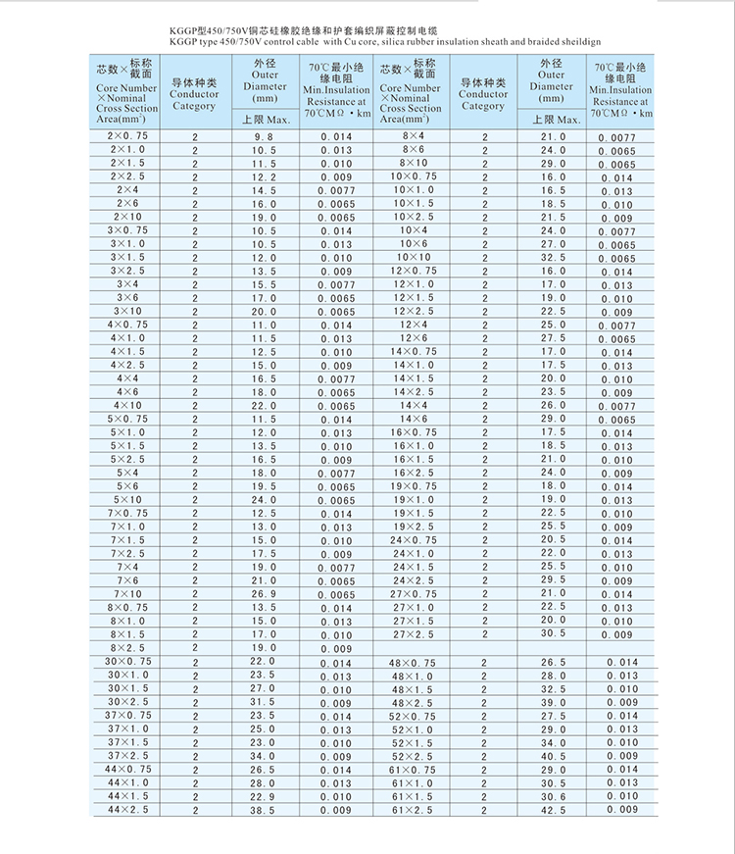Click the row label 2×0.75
point(128,135)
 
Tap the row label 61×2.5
point(413,810)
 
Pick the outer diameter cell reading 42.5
point(554,810)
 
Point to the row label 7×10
point(128,594)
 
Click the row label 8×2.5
point(128,648)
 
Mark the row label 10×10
point(413,257)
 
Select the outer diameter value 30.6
point(554,797)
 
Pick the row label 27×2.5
point(413,634)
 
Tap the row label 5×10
point(128,500)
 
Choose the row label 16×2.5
point(413,473)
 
